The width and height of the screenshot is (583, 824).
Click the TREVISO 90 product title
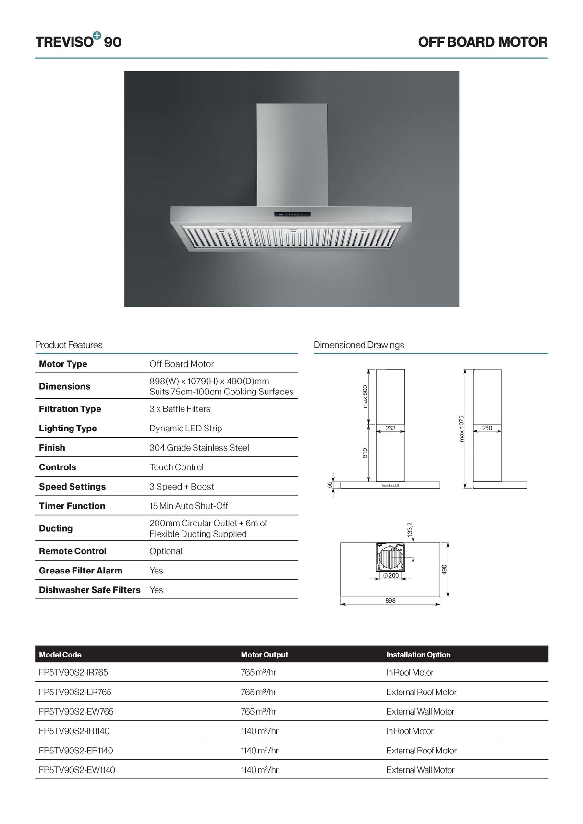78,42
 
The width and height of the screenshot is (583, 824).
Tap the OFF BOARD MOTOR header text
482,42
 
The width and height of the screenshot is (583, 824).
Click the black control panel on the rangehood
292,214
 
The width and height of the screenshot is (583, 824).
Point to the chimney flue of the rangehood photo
291,154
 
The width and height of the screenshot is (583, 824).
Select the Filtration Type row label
70,409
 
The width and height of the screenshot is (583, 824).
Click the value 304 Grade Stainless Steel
199,448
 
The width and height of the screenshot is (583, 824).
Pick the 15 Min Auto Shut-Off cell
188,506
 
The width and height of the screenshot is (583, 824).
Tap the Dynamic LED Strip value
185,428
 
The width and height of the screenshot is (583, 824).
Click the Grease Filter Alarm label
81,571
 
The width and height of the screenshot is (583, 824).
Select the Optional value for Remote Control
166,551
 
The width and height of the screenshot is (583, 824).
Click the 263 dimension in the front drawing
390,428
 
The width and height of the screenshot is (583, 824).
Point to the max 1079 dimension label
462,428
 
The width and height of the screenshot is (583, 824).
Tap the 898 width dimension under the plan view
390,601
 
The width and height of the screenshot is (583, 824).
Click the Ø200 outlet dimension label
391,575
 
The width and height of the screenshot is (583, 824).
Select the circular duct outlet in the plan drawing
390,558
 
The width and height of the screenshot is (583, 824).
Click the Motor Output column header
264,655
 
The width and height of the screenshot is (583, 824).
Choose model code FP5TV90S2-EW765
76,712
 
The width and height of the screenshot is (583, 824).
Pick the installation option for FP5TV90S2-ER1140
421,751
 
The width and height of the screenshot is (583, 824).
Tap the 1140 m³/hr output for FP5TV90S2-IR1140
259,731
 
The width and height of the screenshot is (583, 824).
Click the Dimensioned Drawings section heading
359,345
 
